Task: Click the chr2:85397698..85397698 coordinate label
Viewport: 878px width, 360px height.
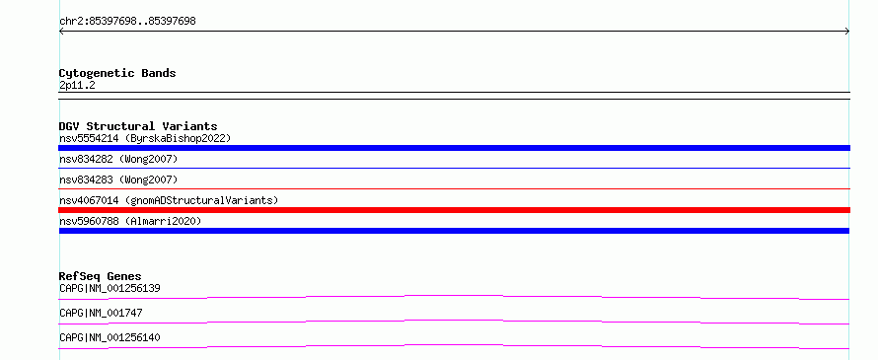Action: tap(127, 22)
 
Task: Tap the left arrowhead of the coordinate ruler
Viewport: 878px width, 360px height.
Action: tap(60, 32)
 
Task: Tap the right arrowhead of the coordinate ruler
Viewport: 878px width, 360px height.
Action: tap(847, 32)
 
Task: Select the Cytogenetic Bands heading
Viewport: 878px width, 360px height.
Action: tap(117, 73)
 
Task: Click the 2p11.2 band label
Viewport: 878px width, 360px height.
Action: tap(77, 86)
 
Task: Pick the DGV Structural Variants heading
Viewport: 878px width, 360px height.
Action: tap(138, 126)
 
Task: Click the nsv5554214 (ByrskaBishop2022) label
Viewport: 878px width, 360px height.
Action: tap(145, 138)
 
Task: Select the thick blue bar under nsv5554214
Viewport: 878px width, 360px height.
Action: tap(454, 148)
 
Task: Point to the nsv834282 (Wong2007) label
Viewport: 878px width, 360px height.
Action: tap(118, 160)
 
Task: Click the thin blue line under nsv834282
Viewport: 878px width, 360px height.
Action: tap(454, 168)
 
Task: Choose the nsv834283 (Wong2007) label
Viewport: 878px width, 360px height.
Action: tap(118, 180)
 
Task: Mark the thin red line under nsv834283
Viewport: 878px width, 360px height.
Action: tap(454, 189)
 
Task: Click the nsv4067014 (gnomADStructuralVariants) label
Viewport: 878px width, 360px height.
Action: tap(169, 200)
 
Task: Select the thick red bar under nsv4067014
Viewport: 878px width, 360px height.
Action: tap(454, 210)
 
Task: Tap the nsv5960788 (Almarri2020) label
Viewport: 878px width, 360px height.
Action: tap(130, 221)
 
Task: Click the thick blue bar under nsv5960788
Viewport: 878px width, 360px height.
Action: tap(454, 231)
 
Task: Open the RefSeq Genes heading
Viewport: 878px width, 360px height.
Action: tap(101, 276)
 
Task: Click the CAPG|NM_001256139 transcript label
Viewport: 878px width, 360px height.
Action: tap(110, 289)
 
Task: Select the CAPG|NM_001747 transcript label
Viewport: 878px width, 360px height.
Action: tap(101, 313)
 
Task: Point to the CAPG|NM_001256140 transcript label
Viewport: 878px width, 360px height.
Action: tap(110, 338)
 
